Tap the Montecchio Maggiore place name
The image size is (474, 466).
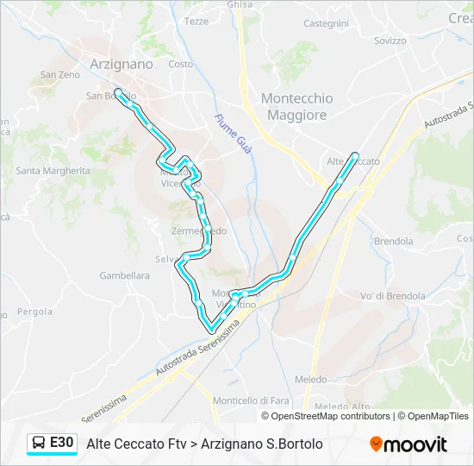(296, 106)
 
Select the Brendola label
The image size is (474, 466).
(394, 242)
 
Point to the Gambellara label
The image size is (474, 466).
(124, 276)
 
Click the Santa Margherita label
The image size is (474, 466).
(53, 171)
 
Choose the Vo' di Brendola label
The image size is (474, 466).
(392, 296)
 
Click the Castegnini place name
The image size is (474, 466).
(326, 23)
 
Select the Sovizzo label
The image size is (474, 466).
(390, 41)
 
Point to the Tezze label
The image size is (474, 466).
(196, 21)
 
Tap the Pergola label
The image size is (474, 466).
(34, 311)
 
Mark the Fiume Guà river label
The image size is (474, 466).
(233, 133)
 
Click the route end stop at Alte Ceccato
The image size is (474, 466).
(355, 155)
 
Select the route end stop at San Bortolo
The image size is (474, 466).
(117, 91)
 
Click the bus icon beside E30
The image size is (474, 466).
(40, 444)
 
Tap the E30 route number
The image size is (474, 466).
(62, 444)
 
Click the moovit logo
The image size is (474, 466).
(409, 444)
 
